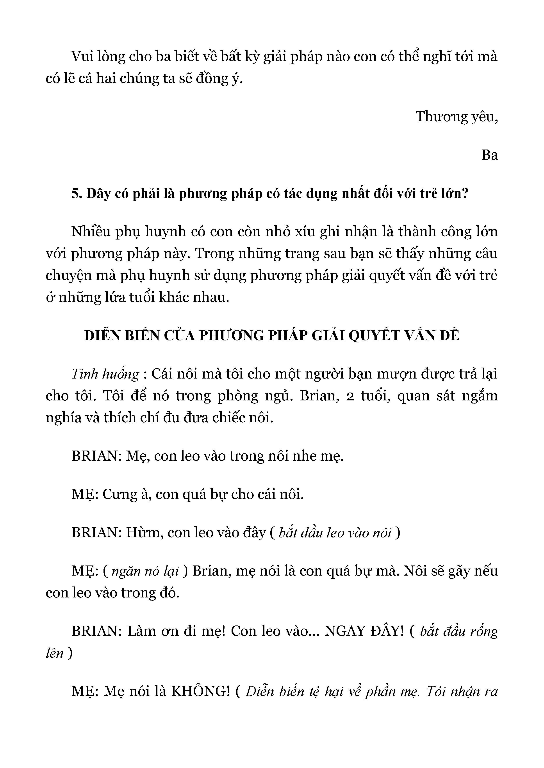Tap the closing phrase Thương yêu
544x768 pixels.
pyautogui.click(x=456, y=117)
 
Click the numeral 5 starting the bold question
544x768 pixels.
pyautogui.click(x=74, y=194)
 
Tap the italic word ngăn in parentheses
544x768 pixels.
pyautogui.click(x=126, y=571)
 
